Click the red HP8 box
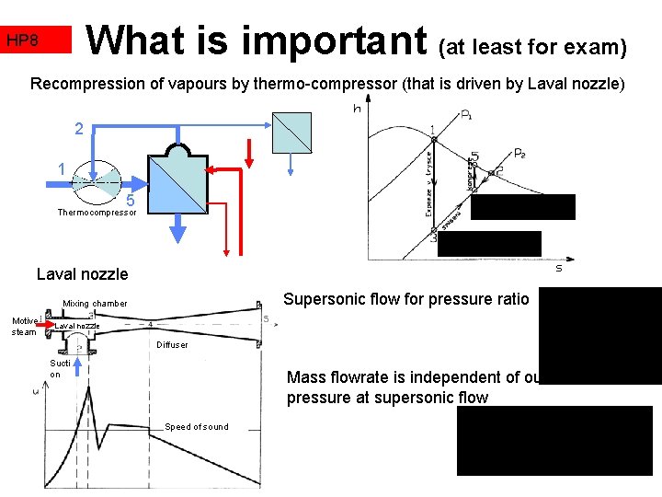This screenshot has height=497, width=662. tap(35, 40)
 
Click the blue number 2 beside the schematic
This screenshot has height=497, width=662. tap(79, 130)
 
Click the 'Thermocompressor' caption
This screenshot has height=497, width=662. tap(97, 213)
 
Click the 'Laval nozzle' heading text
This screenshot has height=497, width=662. tap(82, 273)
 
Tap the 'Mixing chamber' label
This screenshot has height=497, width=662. tap(95, 304)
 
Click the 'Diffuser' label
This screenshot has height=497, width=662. tap(171, 345)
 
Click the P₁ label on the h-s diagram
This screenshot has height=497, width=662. tap(467, 116)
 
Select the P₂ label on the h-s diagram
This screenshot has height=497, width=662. tap(519, 153)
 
